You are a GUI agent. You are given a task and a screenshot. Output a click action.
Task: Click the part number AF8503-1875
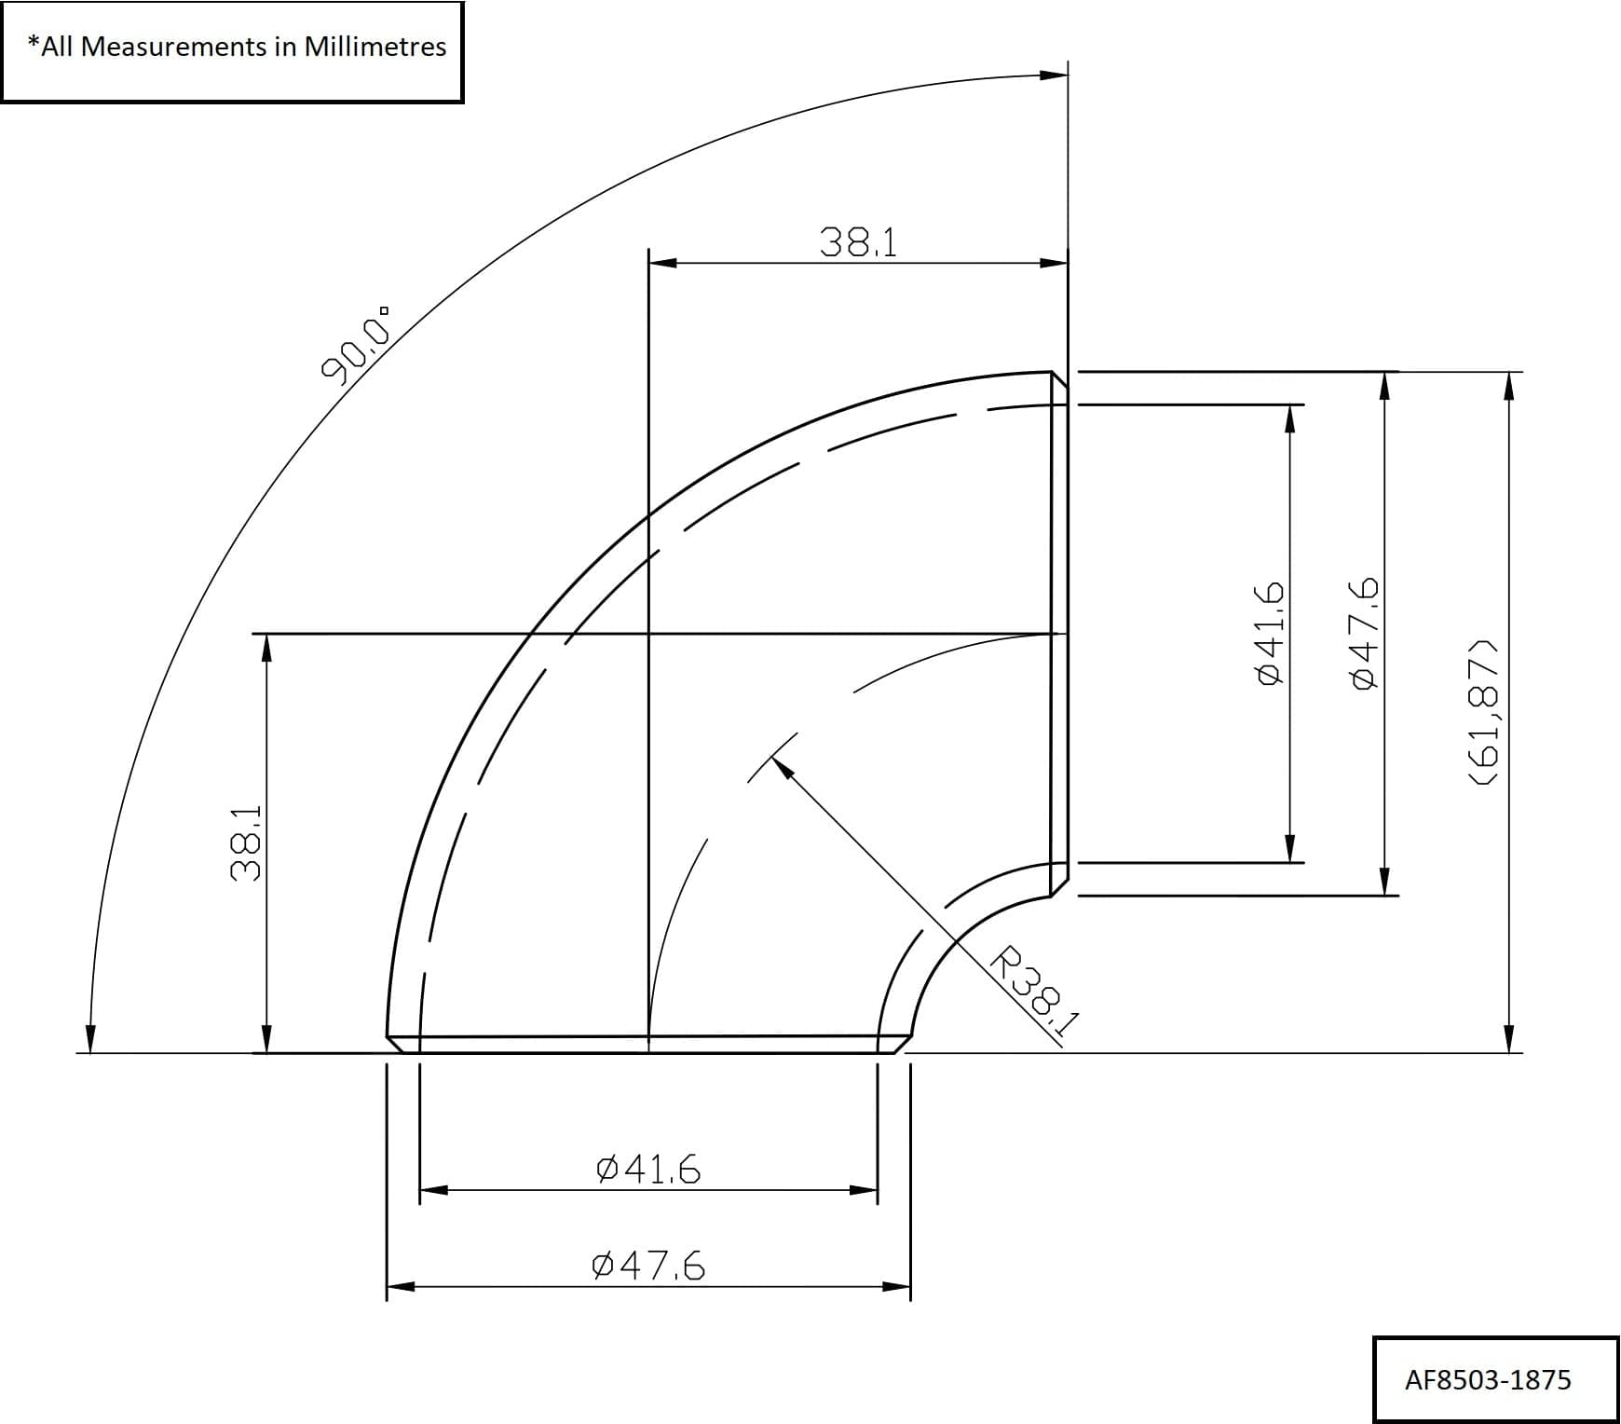(x=1487, y=1380)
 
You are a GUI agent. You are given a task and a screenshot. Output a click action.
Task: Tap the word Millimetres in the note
(x=375, y=47)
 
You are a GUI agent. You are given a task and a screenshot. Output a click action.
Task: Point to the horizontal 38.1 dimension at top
(x=858, y=242)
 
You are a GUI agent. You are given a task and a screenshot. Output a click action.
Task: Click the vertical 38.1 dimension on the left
(x=246, y=844)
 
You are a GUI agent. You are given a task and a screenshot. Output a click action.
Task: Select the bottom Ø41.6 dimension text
(x=648, y=1169)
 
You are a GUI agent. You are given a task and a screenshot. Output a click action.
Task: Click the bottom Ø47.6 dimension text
(x=648, y=1266)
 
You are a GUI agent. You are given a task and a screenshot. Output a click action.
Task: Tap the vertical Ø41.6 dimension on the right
(x=1271, y=634)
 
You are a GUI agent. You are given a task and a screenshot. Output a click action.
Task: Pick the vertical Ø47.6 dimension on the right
(x=1364, y=634)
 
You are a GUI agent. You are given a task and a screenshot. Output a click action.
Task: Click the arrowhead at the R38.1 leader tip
(x=781, y=767)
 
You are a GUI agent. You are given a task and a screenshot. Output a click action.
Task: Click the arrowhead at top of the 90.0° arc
(x=1054, y=75)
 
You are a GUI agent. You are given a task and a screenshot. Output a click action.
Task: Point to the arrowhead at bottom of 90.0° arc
(x=90, y=1039)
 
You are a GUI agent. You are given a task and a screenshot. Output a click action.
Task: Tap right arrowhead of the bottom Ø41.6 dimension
(x=864, y=1190)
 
